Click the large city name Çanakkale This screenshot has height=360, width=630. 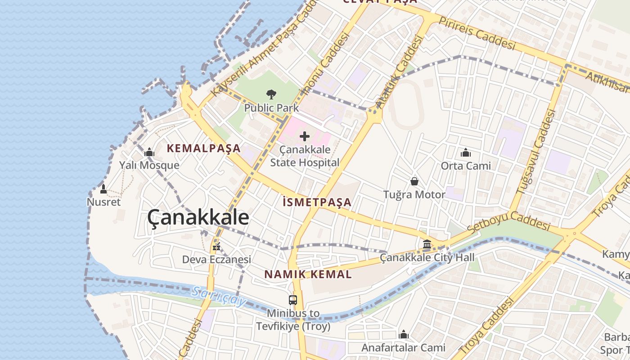(x=198, y=218)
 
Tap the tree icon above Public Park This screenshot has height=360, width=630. (x=271, y=94)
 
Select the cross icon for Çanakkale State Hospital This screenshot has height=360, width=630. (x=305, y=136)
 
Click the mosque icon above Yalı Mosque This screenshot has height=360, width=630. (x=149, y=153)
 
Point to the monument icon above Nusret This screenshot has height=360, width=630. (x=103, y=189)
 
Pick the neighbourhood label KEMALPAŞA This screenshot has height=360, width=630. (x=204, y=148)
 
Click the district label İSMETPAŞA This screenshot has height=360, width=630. (x=317, y=202)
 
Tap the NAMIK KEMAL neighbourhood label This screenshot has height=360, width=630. (x=308, y=274)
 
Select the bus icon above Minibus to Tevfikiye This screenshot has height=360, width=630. (x=293, y=300)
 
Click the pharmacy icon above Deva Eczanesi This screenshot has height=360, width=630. (x=216, y=247)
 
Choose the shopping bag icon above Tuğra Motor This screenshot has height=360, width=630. (x=414, y=181)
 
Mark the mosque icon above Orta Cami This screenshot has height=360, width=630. (x=466, y=153)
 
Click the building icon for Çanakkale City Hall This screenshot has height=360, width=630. (x=427, y=244)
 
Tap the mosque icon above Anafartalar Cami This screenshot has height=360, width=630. (x=404, y=335)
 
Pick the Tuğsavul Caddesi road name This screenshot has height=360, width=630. (x=534, y=153)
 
